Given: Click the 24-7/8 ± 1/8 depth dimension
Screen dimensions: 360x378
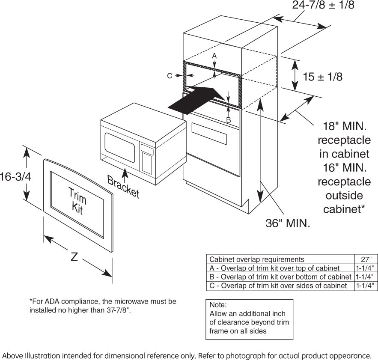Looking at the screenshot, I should (x=324, y=6).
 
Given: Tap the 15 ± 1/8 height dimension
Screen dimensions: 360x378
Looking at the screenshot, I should (x=322, y=77).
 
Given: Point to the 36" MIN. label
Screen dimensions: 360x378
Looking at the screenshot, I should (x=288, y=223).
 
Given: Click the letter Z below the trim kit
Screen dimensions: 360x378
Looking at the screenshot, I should (x=74, y=257).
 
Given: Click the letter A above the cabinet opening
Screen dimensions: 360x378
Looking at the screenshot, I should (x=214, y=56).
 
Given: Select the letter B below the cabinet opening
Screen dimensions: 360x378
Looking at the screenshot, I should (x=229, y=120).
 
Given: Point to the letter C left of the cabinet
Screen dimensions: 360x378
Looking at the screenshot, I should (x=170, y=76).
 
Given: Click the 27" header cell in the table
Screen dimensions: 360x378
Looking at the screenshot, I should (x=366, y=259).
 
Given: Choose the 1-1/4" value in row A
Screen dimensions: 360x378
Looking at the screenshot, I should (x=366, y=268).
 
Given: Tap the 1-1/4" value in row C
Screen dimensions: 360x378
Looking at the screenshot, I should (x=366, y=286).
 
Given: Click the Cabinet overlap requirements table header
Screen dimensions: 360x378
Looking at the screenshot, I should (x=257, y=259).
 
